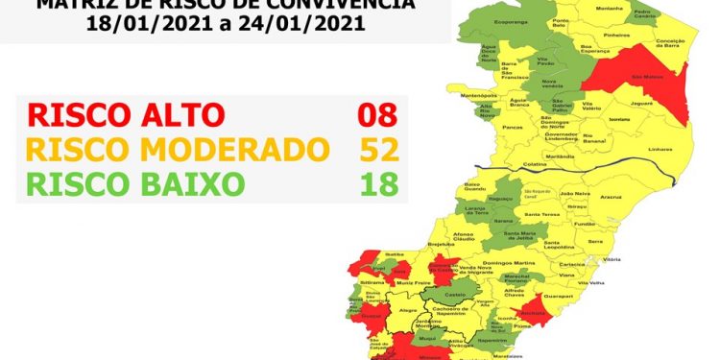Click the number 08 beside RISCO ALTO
377,116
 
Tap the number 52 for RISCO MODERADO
377,150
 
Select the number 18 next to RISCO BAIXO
377,183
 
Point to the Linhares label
660,150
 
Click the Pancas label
511,126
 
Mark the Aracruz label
611,197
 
